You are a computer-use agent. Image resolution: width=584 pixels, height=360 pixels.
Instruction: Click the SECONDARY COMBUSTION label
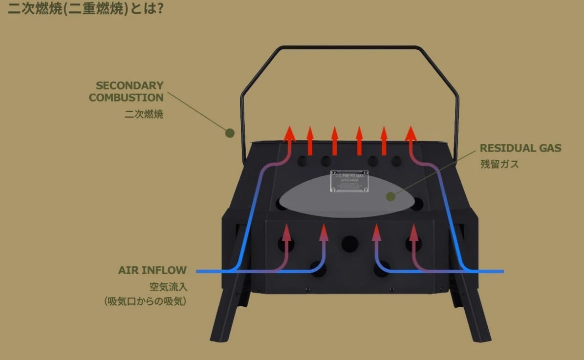126,91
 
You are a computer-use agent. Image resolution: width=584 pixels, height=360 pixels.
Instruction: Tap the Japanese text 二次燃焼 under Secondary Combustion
144,115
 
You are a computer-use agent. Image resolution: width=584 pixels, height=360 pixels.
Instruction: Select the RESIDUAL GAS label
520,148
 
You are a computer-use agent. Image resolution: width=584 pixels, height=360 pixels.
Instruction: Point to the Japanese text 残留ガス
499,164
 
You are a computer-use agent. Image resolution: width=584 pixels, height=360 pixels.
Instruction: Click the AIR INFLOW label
152,270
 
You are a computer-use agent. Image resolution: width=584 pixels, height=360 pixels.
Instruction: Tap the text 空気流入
168,287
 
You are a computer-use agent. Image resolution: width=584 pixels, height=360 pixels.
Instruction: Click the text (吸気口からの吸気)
145,301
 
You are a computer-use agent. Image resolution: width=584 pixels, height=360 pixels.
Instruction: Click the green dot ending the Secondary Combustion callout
230,132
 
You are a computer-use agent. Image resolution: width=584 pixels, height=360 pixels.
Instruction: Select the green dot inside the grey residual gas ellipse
390,196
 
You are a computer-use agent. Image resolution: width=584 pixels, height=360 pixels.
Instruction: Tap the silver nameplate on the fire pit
349,181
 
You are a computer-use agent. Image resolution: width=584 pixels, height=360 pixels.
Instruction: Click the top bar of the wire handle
349,47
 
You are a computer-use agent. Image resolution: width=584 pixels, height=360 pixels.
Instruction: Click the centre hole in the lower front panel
350,243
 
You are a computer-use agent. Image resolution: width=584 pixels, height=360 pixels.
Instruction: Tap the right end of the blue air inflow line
501,271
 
